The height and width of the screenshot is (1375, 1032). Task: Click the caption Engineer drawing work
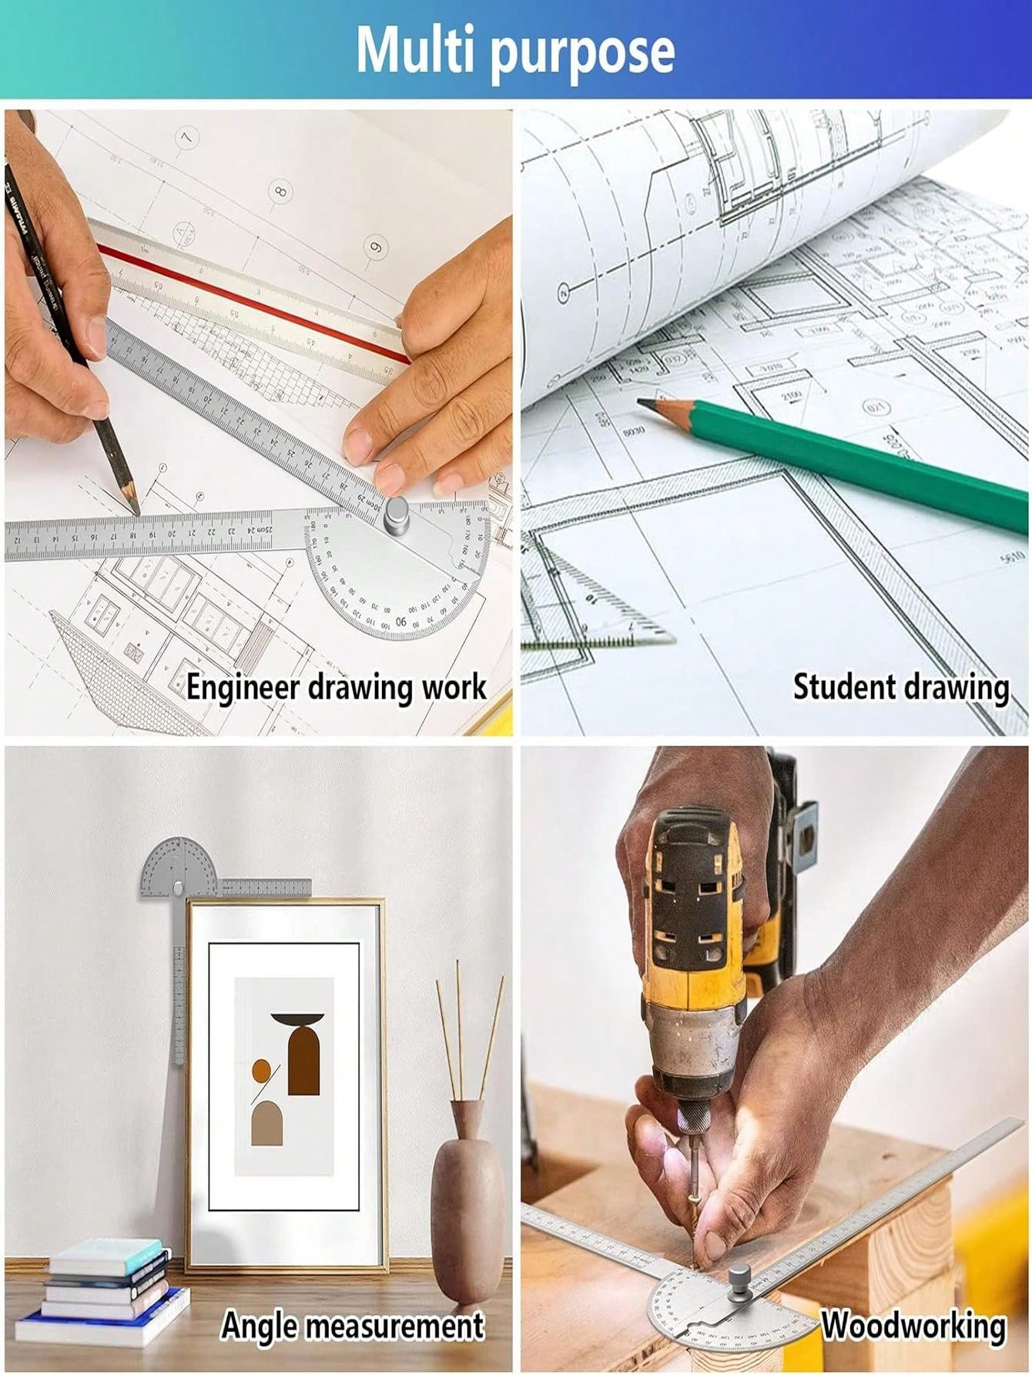tap(336, 686)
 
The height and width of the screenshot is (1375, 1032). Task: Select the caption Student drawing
tap(900, 686)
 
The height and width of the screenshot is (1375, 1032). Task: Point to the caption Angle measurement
tap(352, 1325)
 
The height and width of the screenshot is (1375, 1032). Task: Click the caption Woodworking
tap(913, 1325)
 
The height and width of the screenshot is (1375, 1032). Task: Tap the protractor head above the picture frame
tap(179, 868)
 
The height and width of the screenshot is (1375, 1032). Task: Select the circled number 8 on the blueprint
tap(280, 190)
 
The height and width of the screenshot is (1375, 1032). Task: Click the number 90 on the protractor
tap(401, 621)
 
